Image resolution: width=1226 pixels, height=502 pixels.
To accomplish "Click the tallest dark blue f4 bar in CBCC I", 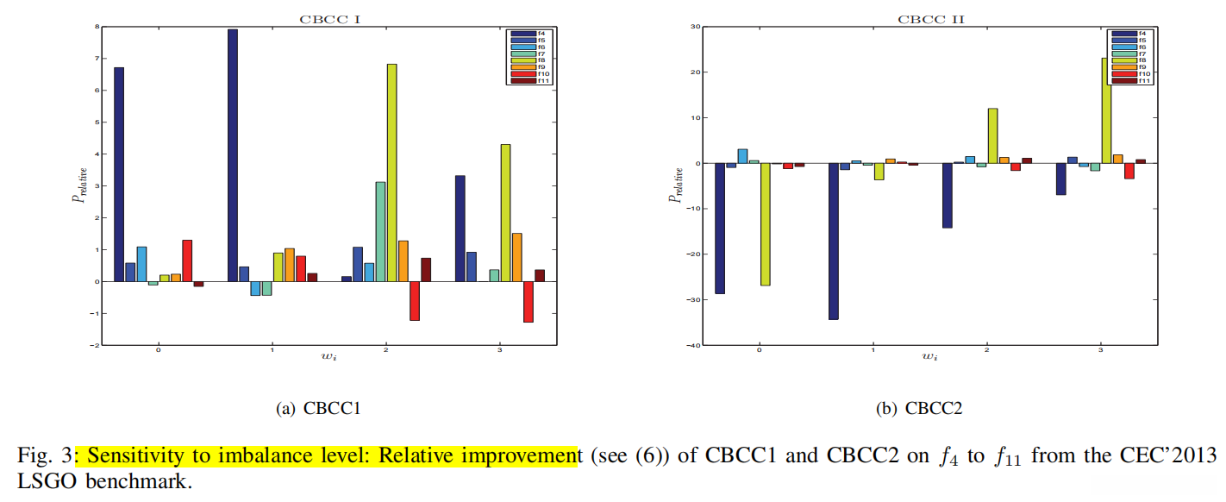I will click(x=233, y=155).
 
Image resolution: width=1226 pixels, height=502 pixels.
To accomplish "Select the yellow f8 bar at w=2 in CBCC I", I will click(x=391, y=173).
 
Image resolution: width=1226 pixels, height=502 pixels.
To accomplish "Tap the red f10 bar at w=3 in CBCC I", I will click(x=528, y=301).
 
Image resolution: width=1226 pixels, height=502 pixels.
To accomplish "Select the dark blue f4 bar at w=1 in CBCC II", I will click(x=833, y=241).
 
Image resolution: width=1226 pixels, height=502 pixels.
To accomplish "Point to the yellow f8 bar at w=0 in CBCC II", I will click(x=765, y=223).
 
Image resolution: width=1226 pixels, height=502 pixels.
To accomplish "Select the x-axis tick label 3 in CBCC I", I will click(x=500, y=351).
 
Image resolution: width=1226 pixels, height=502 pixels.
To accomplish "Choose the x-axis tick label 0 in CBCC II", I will click(x=759, y=351).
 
